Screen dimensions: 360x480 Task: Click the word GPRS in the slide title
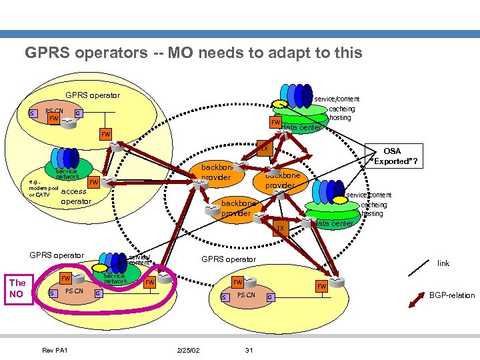45,53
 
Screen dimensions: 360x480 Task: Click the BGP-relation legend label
452,295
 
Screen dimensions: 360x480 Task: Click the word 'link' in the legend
443,263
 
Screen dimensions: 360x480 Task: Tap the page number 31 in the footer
248,351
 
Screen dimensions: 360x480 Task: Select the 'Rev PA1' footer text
54,351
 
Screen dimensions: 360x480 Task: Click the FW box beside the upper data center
275,123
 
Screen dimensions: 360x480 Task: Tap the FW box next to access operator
94,181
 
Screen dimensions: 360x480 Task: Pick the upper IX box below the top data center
264,149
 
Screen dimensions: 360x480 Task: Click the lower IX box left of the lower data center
280,229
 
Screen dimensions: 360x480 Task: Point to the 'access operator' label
75,196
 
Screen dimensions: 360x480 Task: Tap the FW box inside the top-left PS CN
54,118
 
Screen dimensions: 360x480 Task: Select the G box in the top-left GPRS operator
79,113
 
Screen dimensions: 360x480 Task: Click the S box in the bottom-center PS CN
225,297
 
